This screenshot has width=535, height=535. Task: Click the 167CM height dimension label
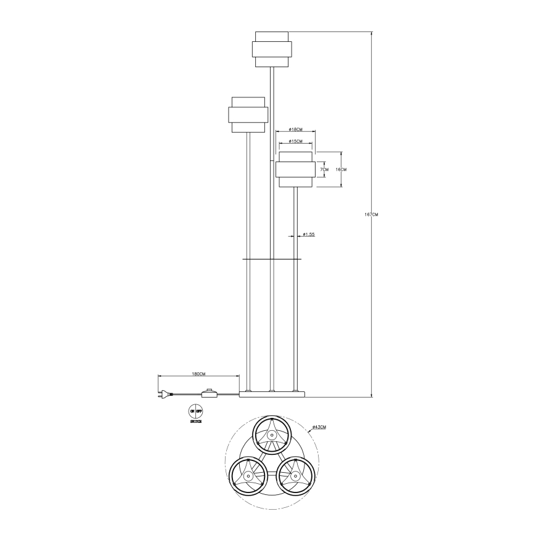coord(372,214)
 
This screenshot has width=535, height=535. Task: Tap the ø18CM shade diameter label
coord(295,129)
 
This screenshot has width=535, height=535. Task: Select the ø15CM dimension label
coord(295,141)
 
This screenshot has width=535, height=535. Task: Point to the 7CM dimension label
coord(325,169)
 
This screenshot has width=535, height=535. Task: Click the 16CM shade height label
coord(341,169)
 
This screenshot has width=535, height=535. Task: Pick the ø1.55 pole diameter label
coord(309,234)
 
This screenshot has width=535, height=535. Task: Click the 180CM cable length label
coord(198,374)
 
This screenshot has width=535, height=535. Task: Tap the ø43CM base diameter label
coord(319,427)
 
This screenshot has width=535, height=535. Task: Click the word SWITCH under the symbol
coord(195,422)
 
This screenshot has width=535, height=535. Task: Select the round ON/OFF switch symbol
coord(195,411)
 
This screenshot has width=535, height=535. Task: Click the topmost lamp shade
coord(271,49)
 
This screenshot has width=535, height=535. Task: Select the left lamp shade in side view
coord(247,115)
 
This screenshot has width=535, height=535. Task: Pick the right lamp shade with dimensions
coord(296,169)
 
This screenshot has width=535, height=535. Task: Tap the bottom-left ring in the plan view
coord(247,476)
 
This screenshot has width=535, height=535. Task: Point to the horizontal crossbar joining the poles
coord(272,259)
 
